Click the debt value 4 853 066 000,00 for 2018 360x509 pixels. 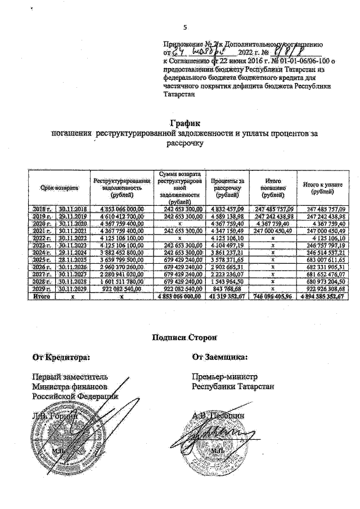tap(123, 209)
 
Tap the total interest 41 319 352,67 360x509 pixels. tap(224, 297)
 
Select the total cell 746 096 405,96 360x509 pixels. tap(272, 297)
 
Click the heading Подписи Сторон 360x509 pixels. tap(184, 337)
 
